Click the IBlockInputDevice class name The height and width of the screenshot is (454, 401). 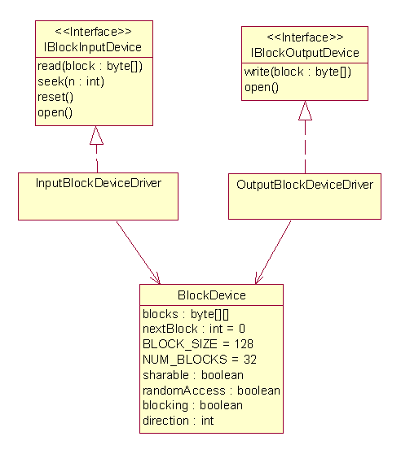93,47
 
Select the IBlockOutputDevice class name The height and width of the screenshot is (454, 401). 305,53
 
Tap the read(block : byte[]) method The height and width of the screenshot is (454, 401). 90,66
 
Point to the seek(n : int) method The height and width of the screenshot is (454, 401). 71,81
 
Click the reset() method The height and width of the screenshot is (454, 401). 55,97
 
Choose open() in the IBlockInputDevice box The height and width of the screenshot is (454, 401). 55,112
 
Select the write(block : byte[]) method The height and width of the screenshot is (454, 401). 297,72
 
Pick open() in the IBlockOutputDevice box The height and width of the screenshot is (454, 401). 262,87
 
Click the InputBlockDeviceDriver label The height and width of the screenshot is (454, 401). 99,183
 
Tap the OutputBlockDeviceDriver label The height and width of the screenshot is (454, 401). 305,185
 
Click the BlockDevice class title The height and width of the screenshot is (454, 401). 212,295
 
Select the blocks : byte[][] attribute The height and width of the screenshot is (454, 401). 186,314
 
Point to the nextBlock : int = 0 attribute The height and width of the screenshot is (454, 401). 194,330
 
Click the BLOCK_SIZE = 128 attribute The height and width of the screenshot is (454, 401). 198,344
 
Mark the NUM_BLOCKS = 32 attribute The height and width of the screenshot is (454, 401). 200,360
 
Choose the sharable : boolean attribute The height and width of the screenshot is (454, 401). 193,375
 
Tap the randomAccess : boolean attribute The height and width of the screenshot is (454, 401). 211,391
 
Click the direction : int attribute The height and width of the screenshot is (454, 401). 178,421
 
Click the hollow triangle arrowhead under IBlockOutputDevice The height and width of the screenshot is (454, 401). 305,111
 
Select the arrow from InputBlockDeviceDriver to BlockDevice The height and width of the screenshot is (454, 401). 138,253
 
